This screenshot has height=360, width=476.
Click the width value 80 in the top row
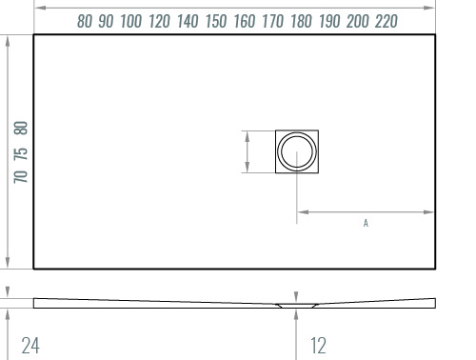pos(85,22)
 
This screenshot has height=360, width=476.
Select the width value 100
pos(131,22)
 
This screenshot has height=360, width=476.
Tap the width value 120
pos(159,22)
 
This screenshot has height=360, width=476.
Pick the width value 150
pos(216,22)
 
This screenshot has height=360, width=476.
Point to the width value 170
pos(273,22)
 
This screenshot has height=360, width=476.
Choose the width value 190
pos(329,22)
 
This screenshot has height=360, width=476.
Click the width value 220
pos(387,22)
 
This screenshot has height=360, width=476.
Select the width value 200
pos(358,22)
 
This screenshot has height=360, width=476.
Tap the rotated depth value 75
pos(21,154)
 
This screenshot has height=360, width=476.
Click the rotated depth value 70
pos(21,176)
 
